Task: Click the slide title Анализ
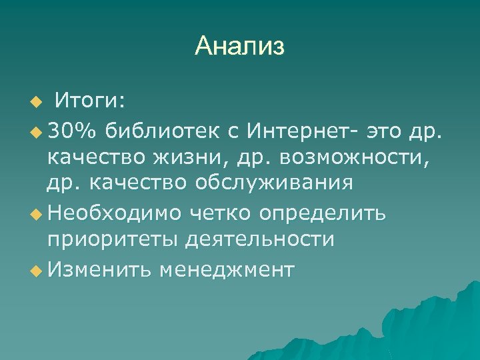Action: (239, 46)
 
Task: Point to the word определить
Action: (323, 213)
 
